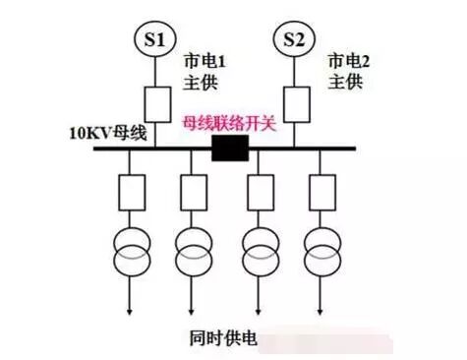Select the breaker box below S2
(294, 103)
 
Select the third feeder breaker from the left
(259, 192)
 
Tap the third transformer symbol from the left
(259, 250)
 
